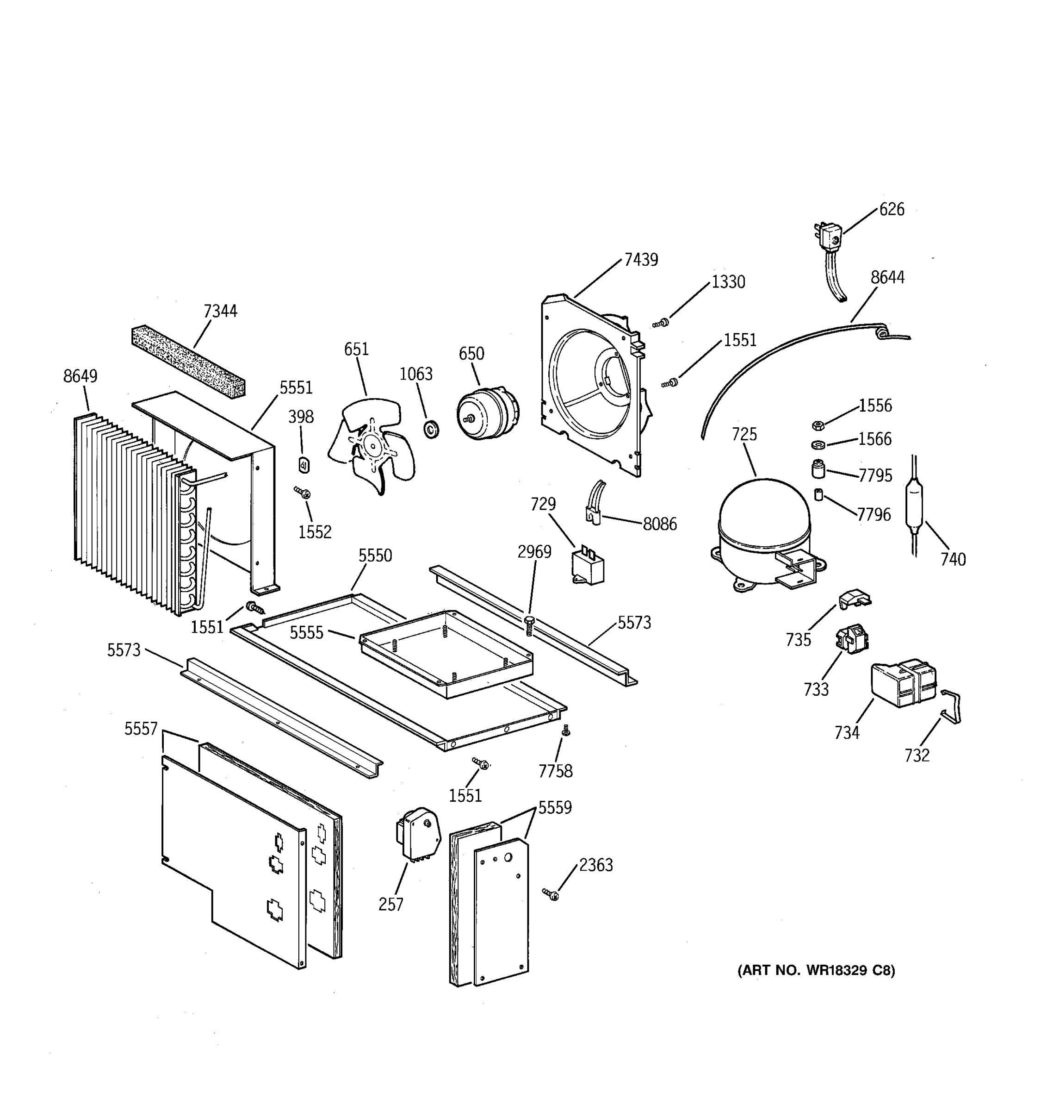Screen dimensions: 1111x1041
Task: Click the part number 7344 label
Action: (220, 311)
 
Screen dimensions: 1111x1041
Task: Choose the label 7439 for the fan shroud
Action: (641, 260)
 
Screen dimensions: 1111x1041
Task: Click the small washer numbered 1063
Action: (432, 430)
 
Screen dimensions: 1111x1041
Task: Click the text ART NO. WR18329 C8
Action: (816, 970)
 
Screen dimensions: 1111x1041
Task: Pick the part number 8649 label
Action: (80, 376)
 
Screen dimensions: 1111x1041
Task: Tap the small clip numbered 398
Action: (304, 464)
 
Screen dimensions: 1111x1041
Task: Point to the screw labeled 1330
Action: (661, 323)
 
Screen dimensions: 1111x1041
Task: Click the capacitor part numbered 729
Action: (588, 566)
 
